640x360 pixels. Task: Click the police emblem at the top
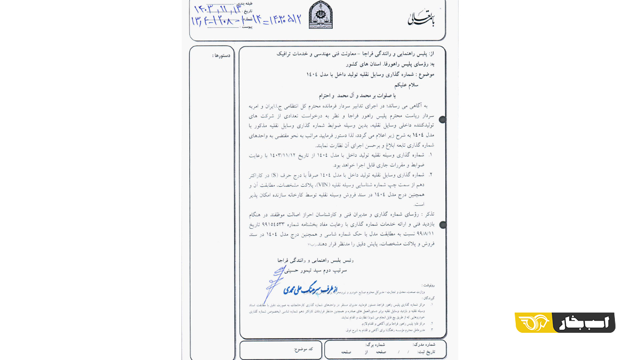pos(320,15)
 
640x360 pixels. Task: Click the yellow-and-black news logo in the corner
pos(565,323)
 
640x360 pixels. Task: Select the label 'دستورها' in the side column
pos(221,55)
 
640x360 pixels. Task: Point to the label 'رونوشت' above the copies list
pos(428,285)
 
